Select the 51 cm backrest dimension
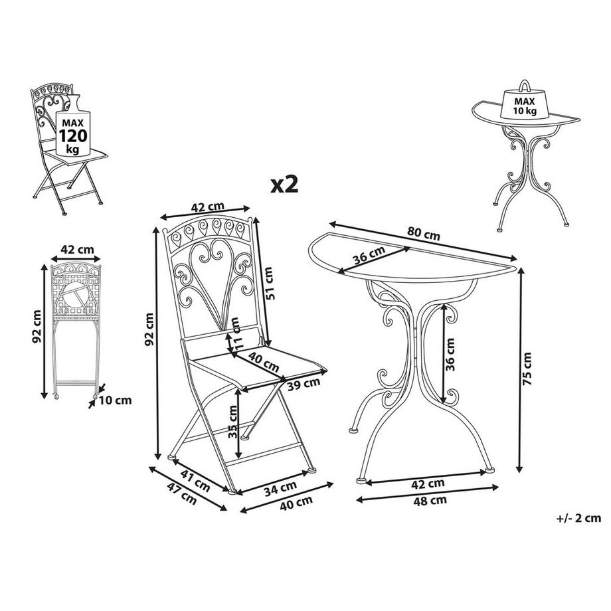(x=268, y=284)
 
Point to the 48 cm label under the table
(x=430, y=500)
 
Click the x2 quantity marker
(x=283, y=184)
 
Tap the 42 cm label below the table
(x=427, y=483)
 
